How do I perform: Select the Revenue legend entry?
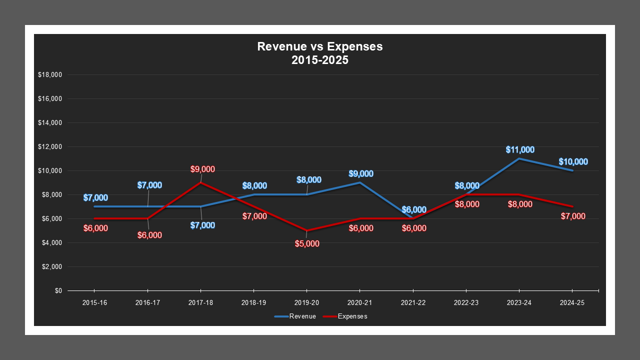point(295,316)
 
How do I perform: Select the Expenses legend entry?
point(345,316)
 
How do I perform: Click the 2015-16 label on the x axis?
point(94,302)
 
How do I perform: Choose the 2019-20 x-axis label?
point(306,302)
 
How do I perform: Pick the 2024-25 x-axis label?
point(572,302)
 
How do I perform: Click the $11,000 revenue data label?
point(520,149)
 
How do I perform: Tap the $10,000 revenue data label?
point(573,162)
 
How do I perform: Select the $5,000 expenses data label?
point(307,244)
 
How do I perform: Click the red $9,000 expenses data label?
point(202,169)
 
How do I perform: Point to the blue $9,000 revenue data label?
point(361,174)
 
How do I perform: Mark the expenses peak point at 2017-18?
point(200,182)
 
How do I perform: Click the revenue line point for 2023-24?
point(519,158)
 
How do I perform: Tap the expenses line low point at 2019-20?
point(306,230)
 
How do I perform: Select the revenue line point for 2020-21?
point(359,182)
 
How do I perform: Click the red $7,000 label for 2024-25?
point(573,216)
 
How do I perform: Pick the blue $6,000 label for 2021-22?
point(414,210)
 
